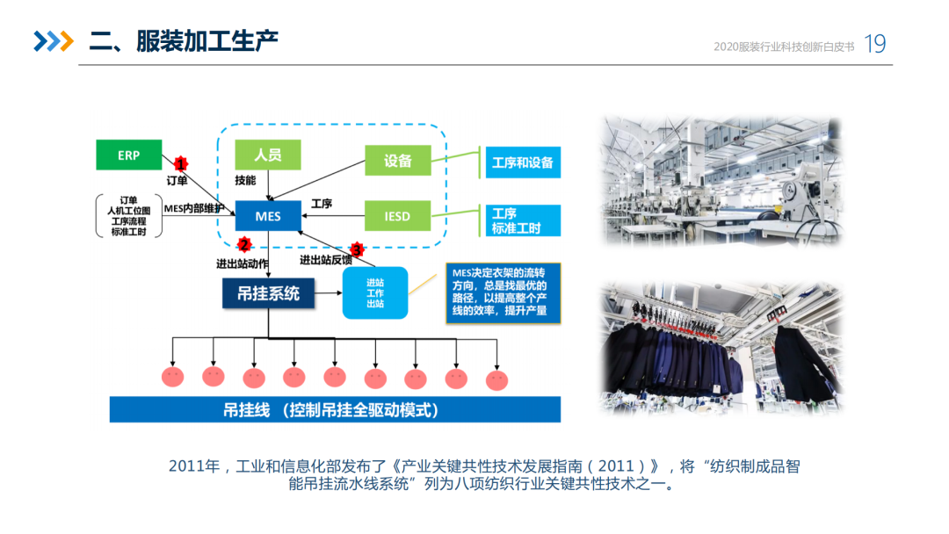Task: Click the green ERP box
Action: tap(129, 155)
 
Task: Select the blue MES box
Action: tap(268, 215)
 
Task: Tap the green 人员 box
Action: tap(268, 155)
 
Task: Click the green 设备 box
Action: tap(398, 161)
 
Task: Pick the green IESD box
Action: tap(398, 216)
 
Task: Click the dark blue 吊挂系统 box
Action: tap(268, 293)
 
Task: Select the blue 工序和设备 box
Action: tap(523, 162)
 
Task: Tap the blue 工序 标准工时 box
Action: tap(523, 220)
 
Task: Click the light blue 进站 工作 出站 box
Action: tap(375, 292)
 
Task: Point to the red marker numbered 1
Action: tap(181, 163)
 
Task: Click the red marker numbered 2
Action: tap(244, 244)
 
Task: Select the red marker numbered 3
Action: tap(356, 249)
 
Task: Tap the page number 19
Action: tap(875, 44)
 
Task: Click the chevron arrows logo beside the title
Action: tap(53, 41)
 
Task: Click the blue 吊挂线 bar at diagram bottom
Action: tap(335, 410)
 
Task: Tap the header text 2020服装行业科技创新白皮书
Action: tap(785, 47)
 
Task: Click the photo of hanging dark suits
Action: tap(721, 349)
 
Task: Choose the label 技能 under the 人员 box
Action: tap(245, 180)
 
